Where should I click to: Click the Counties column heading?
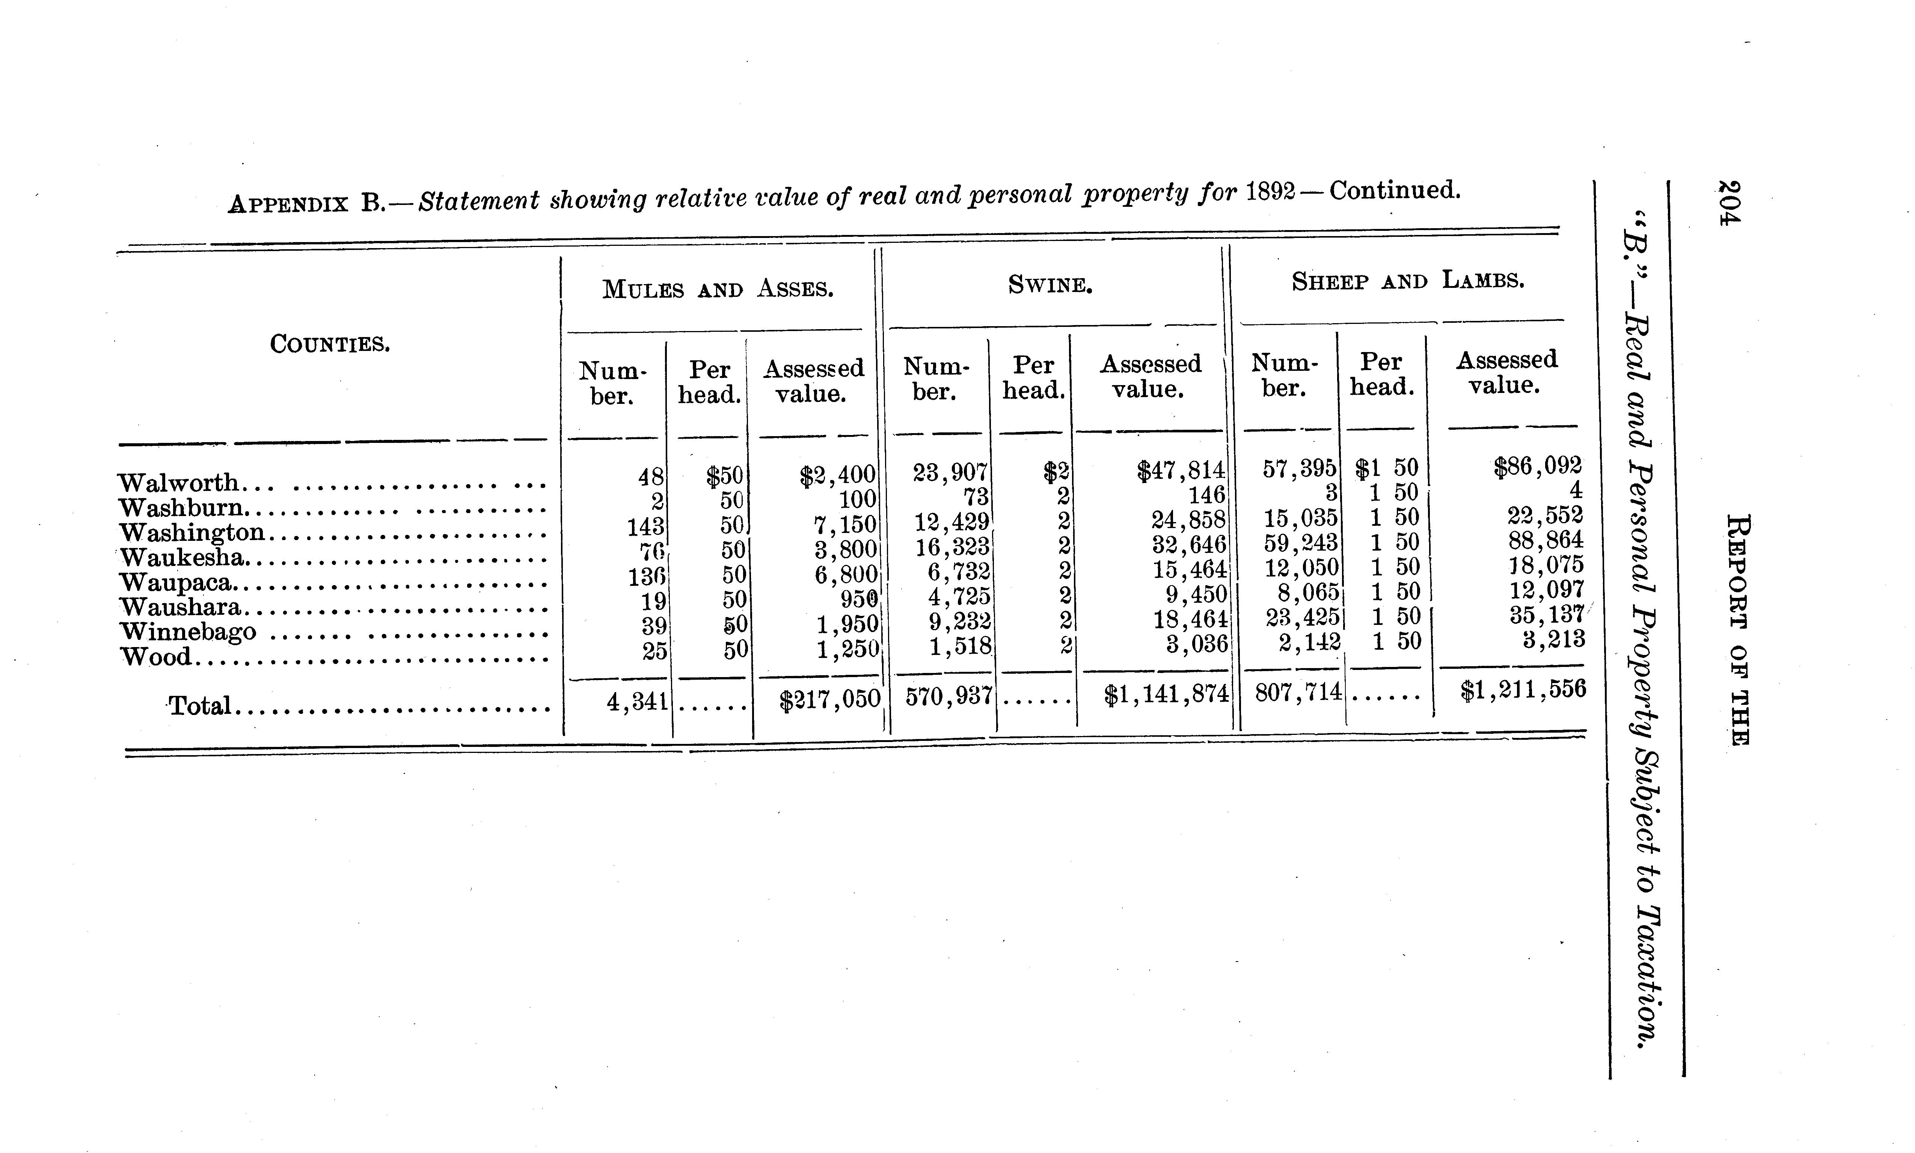330,343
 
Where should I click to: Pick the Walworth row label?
179,483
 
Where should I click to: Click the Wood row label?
155,657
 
